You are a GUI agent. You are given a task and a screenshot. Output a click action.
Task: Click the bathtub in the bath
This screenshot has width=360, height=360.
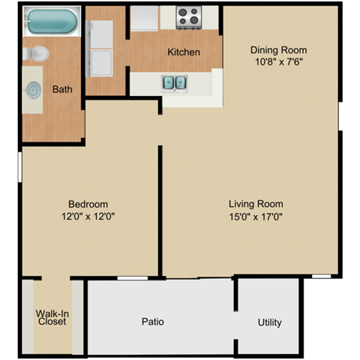point(51,22)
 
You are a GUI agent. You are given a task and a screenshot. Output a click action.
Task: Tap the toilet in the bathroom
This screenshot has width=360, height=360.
point(35,53)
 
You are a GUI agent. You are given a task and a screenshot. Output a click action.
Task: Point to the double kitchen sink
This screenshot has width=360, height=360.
point(175,82)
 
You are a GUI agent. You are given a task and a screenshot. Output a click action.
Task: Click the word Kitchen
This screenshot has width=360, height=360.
point(183,52)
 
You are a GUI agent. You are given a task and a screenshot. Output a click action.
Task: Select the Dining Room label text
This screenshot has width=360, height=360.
point(278,51)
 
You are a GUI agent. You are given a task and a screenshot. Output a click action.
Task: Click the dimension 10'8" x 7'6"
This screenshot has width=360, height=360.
point(278,63)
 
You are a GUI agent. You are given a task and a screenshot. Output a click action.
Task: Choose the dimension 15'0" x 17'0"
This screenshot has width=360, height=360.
point(256,217)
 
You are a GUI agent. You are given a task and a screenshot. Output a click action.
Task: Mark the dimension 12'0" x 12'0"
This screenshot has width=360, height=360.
point(88,217)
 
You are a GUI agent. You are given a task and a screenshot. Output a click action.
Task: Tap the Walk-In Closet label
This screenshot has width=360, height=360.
point(52,317)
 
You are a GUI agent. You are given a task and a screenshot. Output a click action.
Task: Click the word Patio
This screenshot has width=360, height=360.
point(152,322)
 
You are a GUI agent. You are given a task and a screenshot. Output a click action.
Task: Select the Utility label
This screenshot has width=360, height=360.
point(269,322)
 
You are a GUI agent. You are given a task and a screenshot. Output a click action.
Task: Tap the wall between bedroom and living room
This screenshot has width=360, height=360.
point(160,210)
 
